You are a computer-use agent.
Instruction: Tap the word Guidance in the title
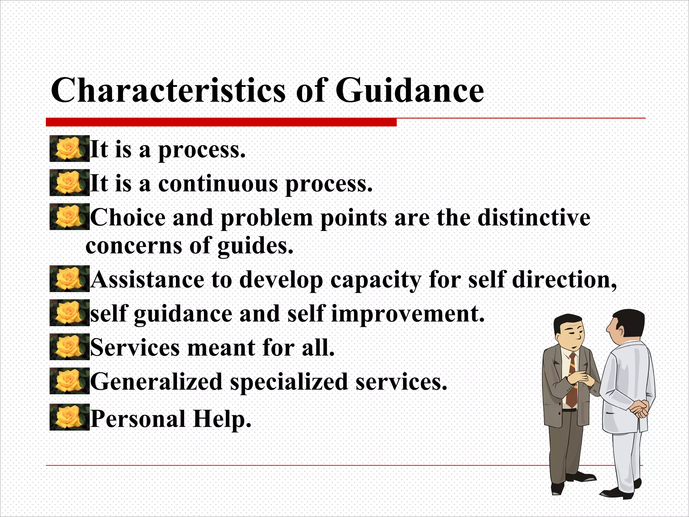(x=410, y=90)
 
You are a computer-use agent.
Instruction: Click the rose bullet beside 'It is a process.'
(x=69, y=149)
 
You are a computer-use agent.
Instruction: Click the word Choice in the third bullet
(x=128, y=217)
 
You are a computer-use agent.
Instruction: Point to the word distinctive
(x=534, y=217)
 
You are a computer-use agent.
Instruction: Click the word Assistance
(x=147, y=280)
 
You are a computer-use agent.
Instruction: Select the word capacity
(x=375, y=280)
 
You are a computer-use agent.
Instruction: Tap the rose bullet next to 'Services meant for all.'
(x=69, y=346)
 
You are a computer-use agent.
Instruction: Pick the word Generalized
(x=156, y=382)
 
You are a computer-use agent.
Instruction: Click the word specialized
(x=289, y=382)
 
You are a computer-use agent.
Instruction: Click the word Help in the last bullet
(x=222, y=419)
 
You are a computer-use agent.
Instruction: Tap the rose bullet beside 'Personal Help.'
(x=69, y=417)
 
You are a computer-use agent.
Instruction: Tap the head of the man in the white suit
(x=626, y=326)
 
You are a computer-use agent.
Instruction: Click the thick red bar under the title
(x=221, y=122)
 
